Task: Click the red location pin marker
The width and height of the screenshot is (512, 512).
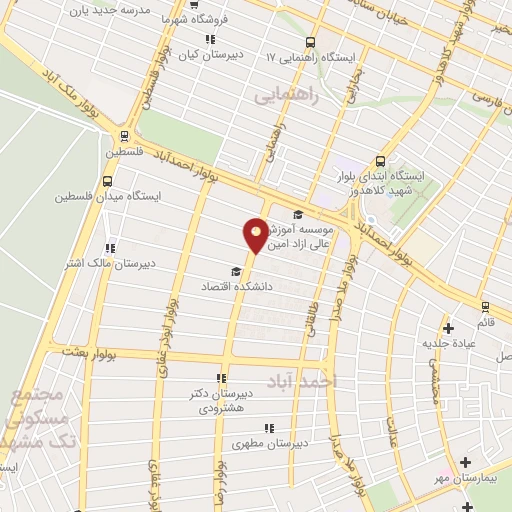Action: pyautogui.click(x=256, y=234)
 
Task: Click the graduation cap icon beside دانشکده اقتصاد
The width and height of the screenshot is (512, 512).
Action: pyautogui.click(x=236, y=271)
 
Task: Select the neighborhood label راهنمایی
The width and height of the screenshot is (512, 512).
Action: pyautogui.click(x=286, y=95)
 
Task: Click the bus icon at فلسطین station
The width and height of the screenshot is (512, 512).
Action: pyautogui.click(x=124, y=137)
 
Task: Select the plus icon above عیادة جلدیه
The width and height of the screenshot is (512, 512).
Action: pyautogui.click(x=448, y=327)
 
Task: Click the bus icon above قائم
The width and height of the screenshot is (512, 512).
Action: pyautogui.click(x=486, y=307)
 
